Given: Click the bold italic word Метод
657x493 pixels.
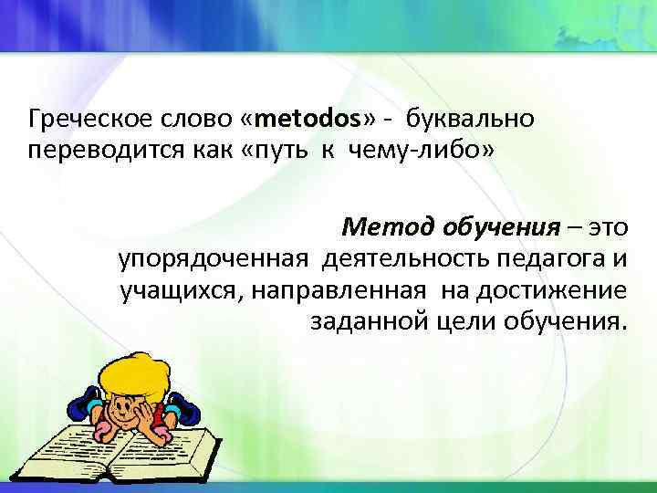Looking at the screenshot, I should point(387,226).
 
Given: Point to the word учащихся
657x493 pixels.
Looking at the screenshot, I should point(177,291).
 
